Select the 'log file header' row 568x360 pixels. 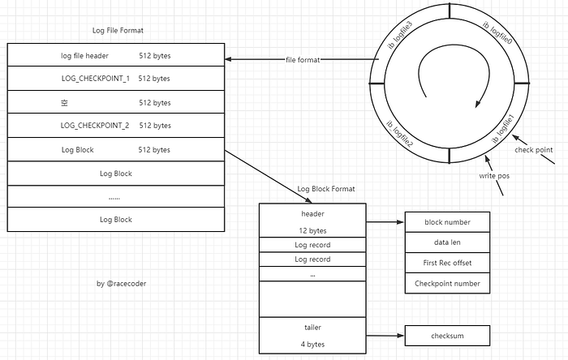click(115, 56)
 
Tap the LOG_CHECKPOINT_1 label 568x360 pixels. click(95, 79)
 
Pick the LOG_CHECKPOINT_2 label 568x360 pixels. click(95, 126)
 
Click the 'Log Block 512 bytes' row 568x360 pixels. click(115, 150)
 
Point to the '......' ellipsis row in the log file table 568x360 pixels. click(115, 197)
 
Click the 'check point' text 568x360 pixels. click(533, 150)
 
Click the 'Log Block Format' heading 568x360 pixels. click(326, 189)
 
